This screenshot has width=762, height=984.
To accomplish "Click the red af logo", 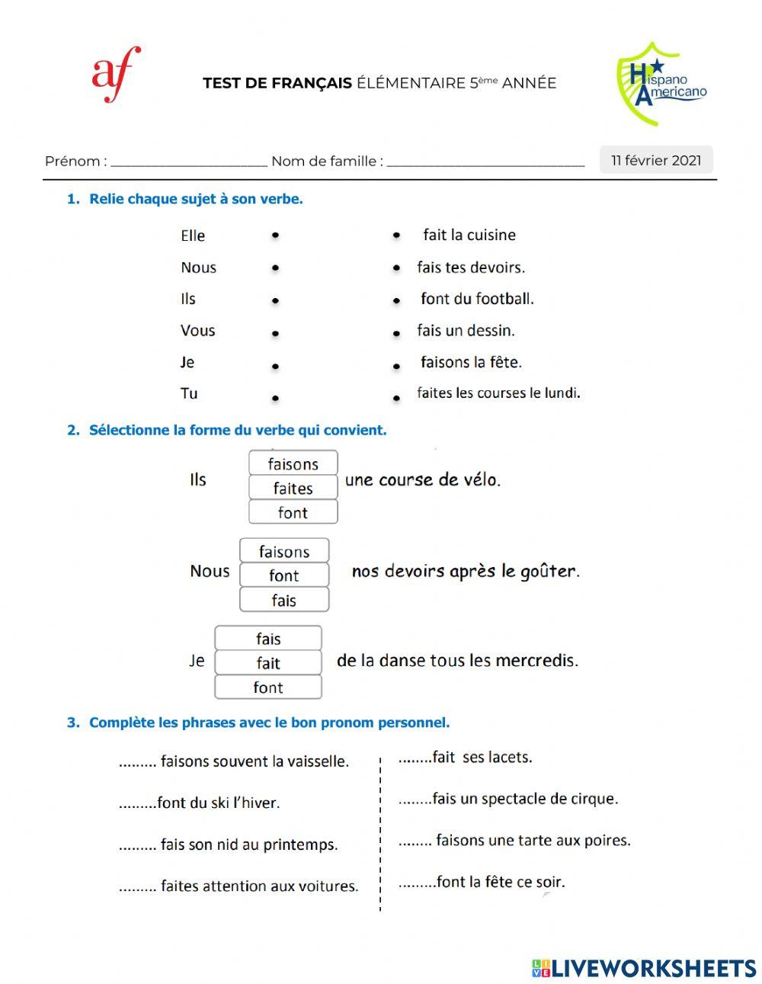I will (x=116, y=74).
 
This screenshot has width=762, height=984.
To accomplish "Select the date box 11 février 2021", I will (x=656, y=160).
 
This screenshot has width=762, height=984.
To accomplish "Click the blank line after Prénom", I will (x=188, y=162).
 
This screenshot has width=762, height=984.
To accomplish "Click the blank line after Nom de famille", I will (x=485, y=162).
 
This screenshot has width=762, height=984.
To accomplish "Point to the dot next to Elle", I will (x=275, y=236).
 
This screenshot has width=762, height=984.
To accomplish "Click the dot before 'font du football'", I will (x=396, y=300).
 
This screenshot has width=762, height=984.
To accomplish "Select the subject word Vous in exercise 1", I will (x=197, y=331).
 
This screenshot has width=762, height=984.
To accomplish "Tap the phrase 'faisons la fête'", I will (x=471, y=362).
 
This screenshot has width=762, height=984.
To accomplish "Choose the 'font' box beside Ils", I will (x=293, y=512).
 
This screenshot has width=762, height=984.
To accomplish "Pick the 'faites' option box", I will (x=293, y=488).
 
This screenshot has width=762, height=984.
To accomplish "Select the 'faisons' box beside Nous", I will (x=284, y=551).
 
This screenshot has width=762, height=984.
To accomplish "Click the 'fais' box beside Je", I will (x=268, y=639).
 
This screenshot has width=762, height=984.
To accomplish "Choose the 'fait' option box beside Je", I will (x=268, y=663).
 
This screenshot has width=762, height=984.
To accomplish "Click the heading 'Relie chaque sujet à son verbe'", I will (x=196, y=199).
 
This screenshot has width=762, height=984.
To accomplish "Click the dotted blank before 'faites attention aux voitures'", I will (x=137, y=887).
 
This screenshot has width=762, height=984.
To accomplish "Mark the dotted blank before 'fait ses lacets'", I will (x=414, y=758).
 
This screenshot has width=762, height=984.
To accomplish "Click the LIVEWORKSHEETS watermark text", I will (x=653, y=968).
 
